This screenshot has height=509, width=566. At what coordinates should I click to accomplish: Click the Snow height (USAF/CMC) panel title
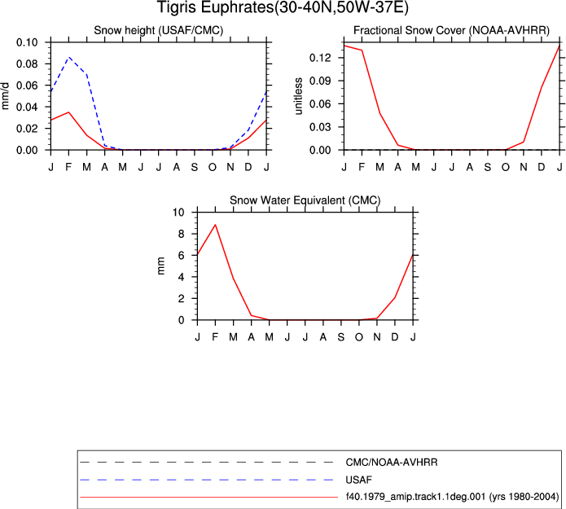pyautogui.click(x=159, y=30)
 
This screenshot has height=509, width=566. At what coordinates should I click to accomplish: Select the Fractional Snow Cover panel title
pyautogui.click(x=451, y=30)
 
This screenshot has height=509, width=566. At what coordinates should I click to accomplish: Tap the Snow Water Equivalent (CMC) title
pyautogui.click(x=305, y=200)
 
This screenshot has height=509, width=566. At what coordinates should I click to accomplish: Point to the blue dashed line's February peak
pyautogui.click(x=68, y=57)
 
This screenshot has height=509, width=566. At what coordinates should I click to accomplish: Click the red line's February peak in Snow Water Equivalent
pyautogui.click(x=215, y=225)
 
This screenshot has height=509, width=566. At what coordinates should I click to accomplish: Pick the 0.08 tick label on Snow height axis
pyautogui.click(x=27, y=64)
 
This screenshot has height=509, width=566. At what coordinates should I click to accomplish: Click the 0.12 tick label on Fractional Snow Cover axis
pyautogui.click(x=320, y=57)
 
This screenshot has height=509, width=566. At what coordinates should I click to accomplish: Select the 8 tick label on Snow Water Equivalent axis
pyautogui.click(x=181, y=234)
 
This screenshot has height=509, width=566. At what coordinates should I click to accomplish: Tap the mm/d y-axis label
pyautogui.click(x=5, y=96)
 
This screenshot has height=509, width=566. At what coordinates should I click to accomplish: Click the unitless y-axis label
pyautogui.click(x=298, y=96)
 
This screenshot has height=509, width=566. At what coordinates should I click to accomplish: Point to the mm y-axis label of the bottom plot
pyautogui.click(x=161, y=265)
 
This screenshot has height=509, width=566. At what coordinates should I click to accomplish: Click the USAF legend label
pyautogui.click(x=358, y=480)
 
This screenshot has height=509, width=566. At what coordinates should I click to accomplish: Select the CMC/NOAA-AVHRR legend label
pyautogui.click(x=391, y=463)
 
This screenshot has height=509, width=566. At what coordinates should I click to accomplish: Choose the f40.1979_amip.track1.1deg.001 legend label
pyautogui.click(x=415, y=497)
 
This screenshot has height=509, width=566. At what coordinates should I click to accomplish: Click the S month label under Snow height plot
pyautogui.click(x=194, y=167)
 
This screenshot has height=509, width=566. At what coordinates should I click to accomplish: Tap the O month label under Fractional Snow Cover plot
pyautogui.click(x=506, y=167)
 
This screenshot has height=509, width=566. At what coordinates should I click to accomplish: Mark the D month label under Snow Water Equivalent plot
pyautogui.click(x=395, y=337)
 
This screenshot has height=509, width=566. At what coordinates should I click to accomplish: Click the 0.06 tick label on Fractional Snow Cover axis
pyautogui.click(x=320, y=104)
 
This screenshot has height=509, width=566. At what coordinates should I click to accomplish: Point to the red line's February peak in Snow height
pyautogui.click(x=68, y=112)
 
